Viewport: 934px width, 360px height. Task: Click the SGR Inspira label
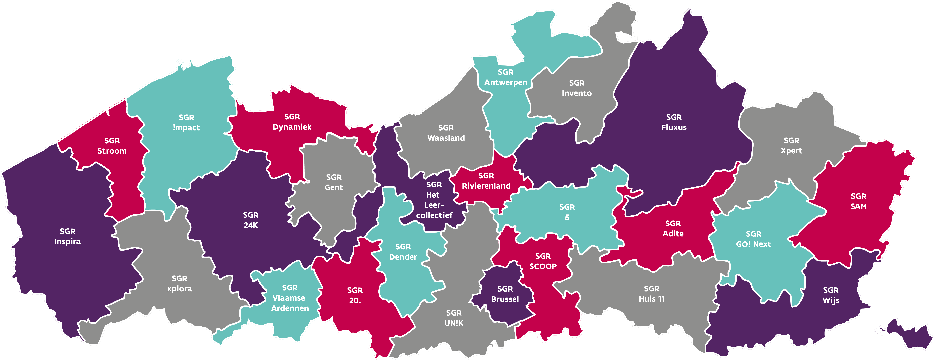(x=67, y=236)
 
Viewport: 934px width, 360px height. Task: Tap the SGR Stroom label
(x=112, y=146)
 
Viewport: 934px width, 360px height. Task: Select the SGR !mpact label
(x=186, y=123)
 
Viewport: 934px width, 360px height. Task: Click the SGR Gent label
(x=334, y=182)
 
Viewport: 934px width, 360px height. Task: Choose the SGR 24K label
(x=251, y=220)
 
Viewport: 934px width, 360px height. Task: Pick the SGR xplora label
(x=179, y=284)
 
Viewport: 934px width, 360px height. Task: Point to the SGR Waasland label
(x=446, y=133)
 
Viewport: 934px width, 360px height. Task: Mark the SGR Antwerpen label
(x=506, y=77)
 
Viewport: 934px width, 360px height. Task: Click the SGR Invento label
(x=576, y=88)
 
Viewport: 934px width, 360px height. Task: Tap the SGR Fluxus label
(x=674, y=122)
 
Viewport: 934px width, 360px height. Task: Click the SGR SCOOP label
(x=543, y=261)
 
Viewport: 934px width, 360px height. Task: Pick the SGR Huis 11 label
(x=651, y=294)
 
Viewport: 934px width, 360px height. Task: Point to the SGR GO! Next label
(x=753, y=239)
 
